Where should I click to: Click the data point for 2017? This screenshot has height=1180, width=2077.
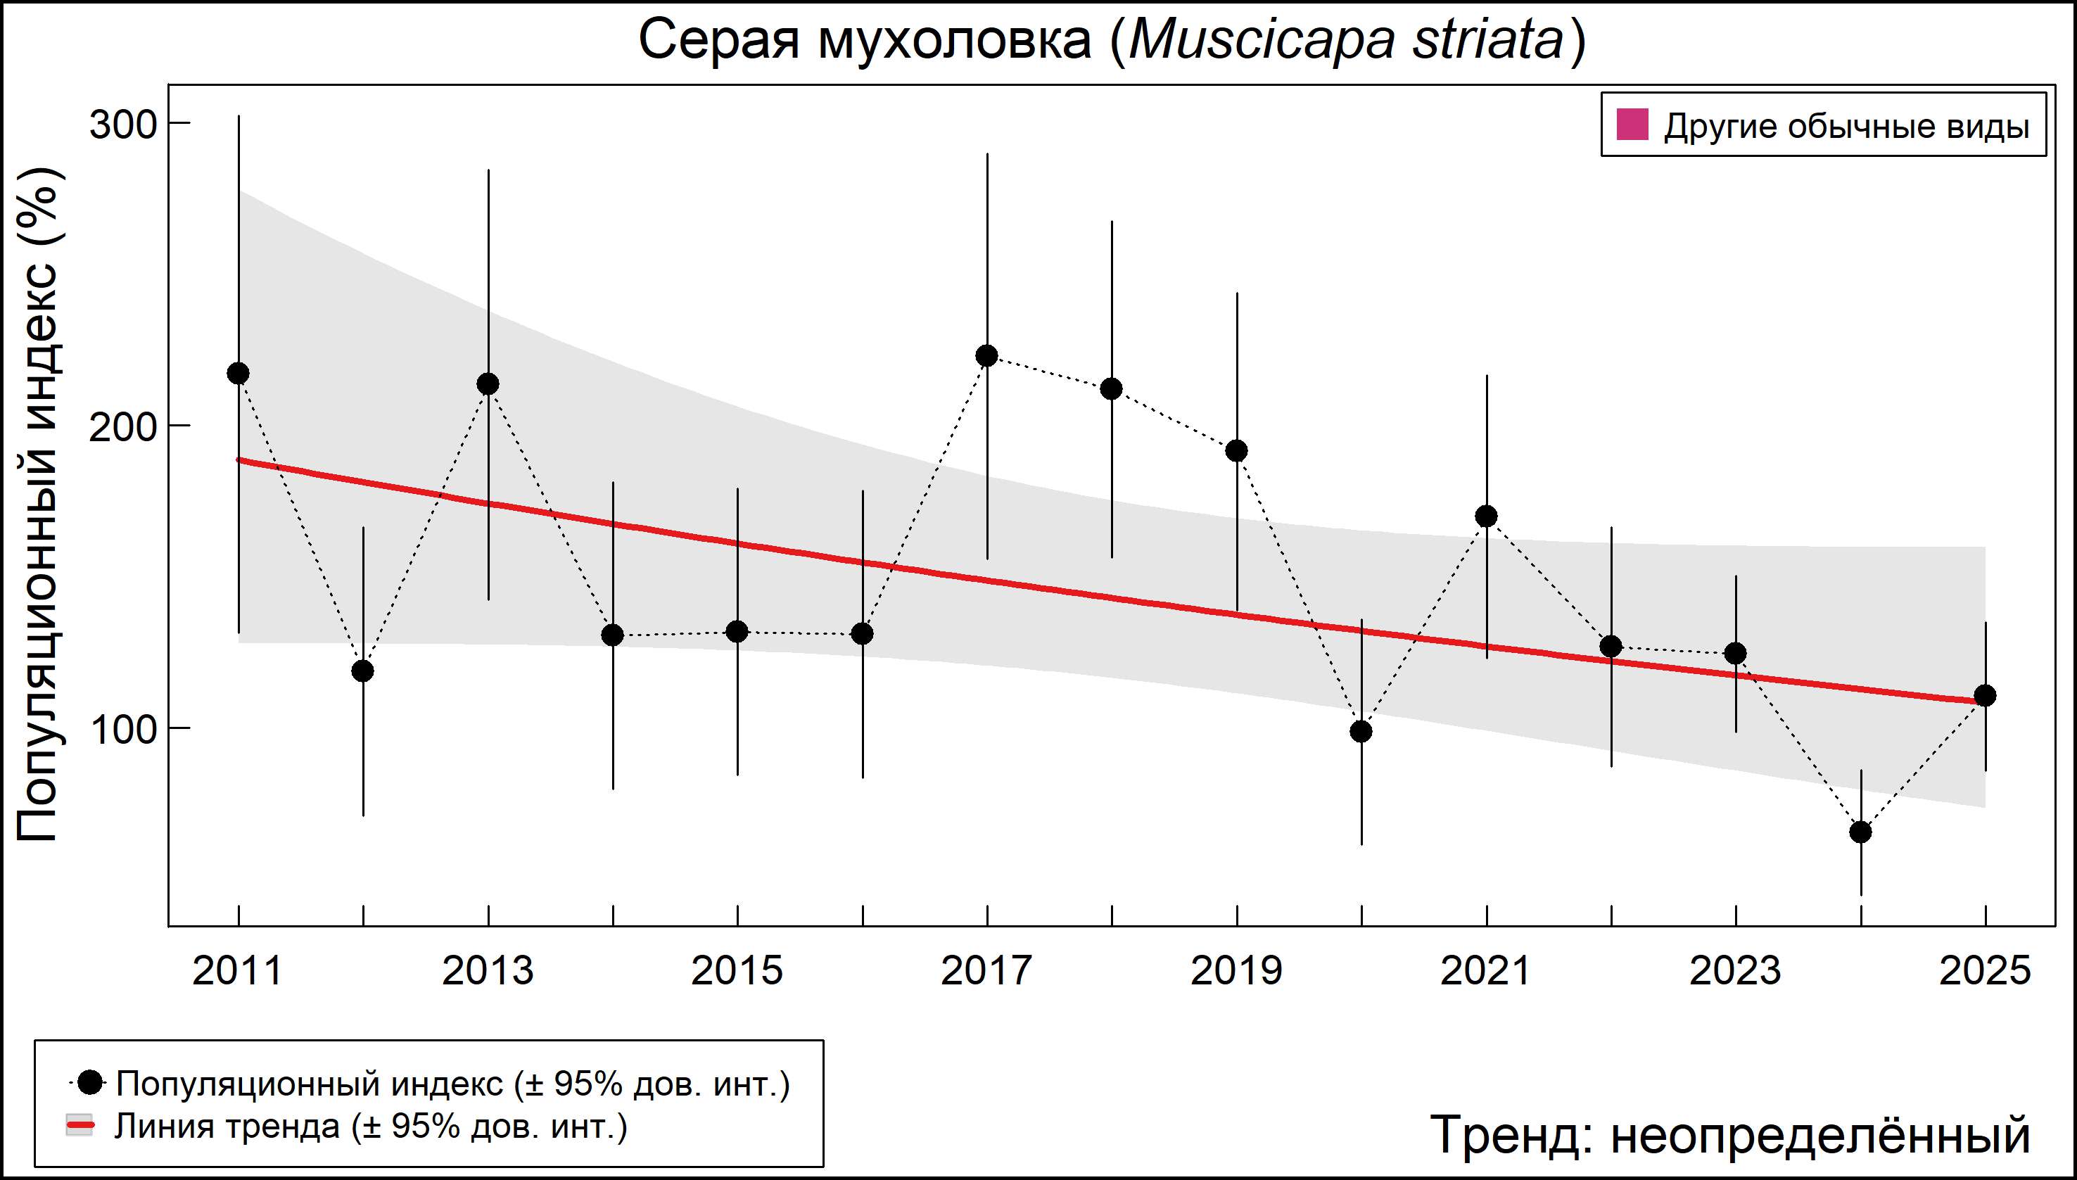pyautogui.click(x=987, y=356)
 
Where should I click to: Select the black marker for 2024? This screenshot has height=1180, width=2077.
pyautogui.click(x=1860, y=832)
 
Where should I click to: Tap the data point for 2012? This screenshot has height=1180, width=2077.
pyautogui.click(x=363, y=671)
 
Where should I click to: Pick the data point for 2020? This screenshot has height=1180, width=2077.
pyautogui.click(x=1361, y=732)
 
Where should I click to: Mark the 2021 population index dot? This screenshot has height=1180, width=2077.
pyautogui.click(x=1486, y=516)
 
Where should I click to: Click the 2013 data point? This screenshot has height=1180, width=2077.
pyautogui.click(x=488, y=384)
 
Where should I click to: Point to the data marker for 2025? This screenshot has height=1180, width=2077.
pyautogui.click(x=1986, y=695)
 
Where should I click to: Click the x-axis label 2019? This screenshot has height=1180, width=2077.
pyautogui.click(x=1237, y=971)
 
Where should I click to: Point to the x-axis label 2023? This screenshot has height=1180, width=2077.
pyautogui.click(x=1735, y=971)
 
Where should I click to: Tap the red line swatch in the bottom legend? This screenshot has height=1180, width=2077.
pyautogui.click(x=80, y=1126)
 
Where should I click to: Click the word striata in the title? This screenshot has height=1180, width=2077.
pyautogui.click(x=1488, y=41)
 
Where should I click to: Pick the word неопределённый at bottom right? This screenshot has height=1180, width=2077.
pyautogui.click(x=1820, y=1134)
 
